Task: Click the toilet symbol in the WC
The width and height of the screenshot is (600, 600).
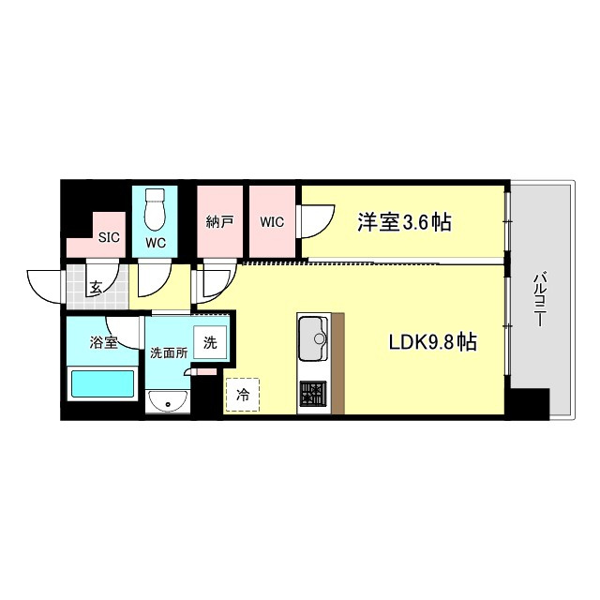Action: pos(155,209)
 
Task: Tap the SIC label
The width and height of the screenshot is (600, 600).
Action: pos(109,237)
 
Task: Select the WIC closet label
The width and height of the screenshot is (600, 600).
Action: pos(272,222)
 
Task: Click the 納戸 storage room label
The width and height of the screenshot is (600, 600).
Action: pos(219,221)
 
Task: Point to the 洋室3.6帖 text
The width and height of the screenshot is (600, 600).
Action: pos(404,222)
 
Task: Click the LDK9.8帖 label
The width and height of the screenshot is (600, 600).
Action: pos(433,341)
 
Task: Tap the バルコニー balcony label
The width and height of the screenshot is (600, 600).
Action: pos(539,298)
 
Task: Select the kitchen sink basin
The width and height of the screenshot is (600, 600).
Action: pos(313,338)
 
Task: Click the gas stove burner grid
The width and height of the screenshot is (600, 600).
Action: pos(313,393)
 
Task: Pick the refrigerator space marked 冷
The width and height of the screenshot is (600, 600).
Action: pos(243,395)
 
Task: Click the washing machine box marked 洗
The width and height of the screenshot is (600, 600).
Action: pos(210,342)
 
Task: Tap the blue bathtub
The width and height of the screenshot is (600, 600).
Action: pos(102,383)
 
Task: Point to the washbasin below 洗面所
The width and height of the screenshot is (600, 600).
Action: pos(167,401)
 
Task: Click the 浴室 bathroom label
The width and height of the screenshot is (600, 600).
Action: pos(103,342)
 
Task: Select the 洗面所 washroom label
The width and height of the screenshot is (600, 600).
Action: pos(169,352)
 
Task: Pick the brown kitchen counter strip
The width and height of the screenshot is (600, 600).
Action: pos(337,364)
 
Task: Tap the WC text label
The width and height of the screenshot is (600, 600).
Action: pos(156,243)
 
